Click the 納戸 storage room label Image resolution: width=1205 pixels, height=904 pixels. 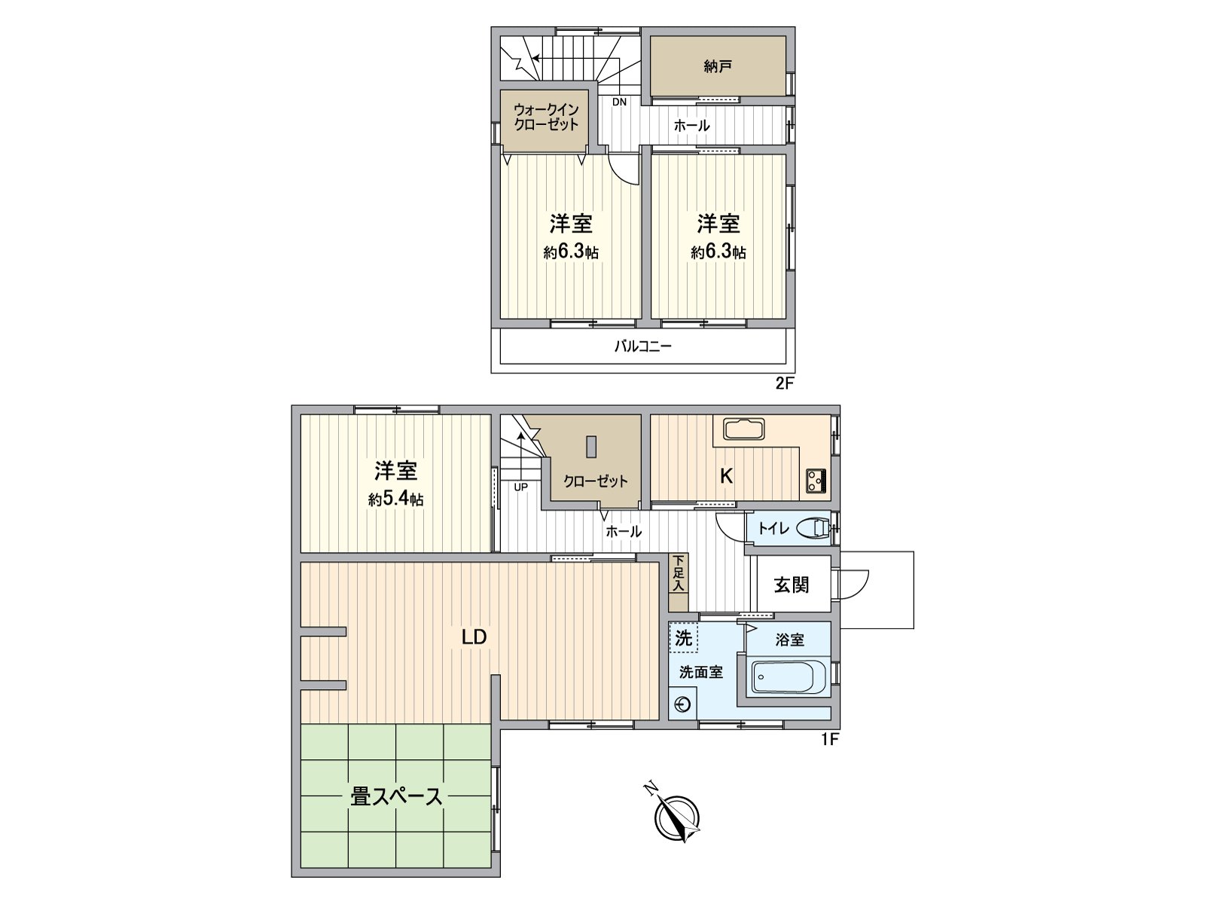718,67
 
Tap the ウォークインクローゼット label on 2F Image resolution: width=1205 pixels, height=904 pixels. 546,118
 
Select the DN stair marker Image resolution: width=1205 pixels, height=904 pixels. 619,102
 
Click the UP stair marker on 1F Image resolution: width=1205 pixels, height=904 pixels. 520,487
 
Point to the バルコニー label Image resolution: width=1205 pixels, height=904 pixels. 642,347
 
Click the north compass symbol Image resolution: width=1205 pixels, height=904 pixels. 676,820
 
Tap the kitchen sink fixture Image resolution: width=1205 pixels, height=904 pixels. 743,429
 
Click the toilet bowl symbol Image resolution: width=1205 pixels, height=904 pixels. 811,528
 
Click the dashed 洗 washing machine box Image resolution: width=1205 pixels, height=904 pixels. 683,638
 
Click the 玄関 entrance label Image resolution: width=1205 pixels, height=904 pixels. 792,584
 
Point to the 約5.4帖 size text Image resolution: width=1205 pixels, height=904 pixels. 395,499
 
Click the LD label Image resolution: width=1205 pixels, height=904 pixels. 474,637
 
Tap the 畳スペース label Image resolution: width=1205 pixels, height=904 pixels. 396,796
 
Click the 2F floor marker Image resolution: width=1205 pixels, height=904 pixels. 785,383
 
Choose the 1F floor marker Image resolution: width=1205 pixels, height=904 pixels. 829,739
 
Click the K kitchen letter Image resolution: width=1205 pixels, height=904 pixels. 727,476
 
